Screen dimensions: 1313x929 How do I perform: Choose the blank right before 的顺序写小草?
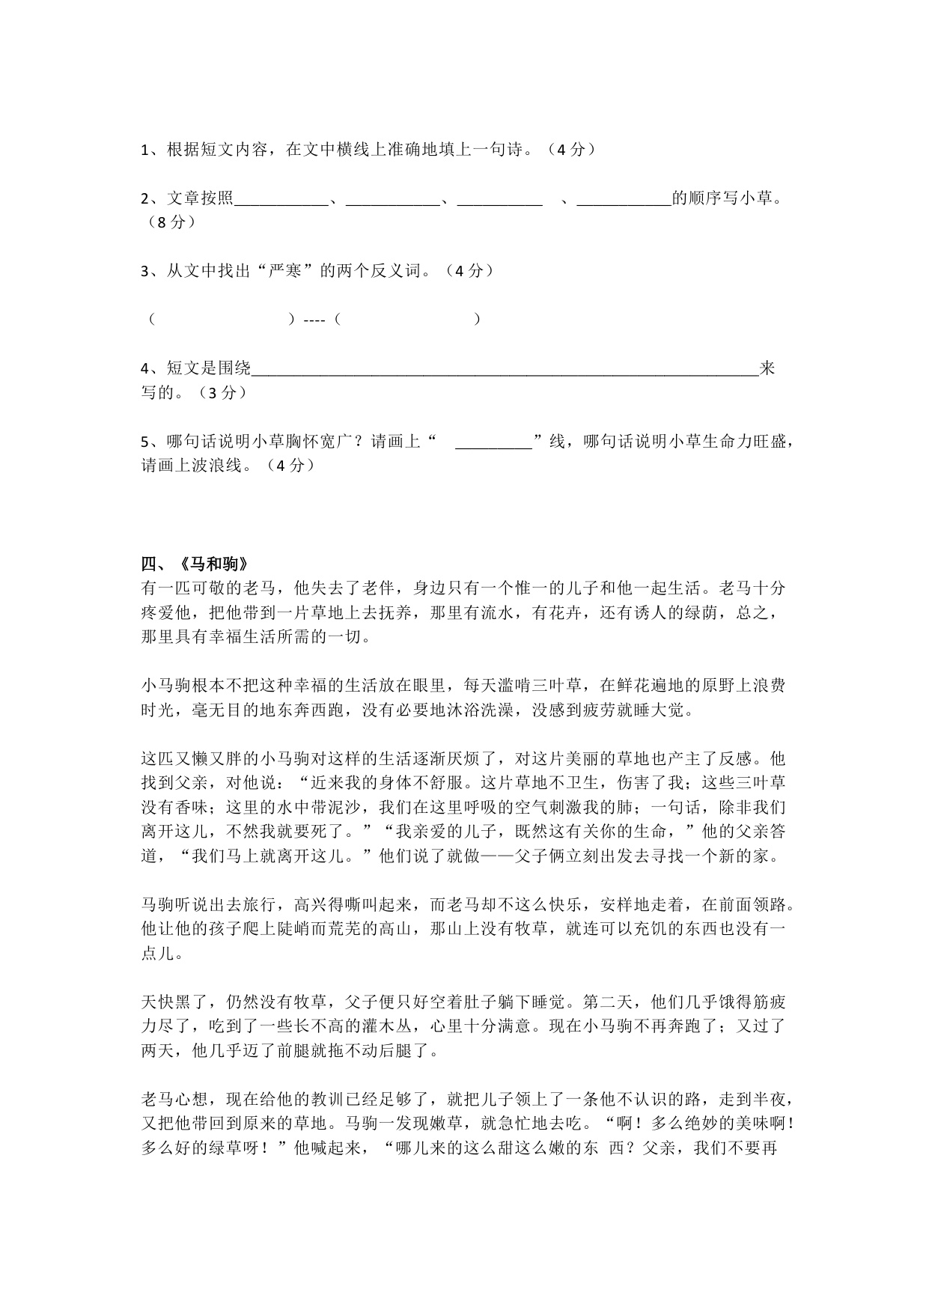tap(624, 200)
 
